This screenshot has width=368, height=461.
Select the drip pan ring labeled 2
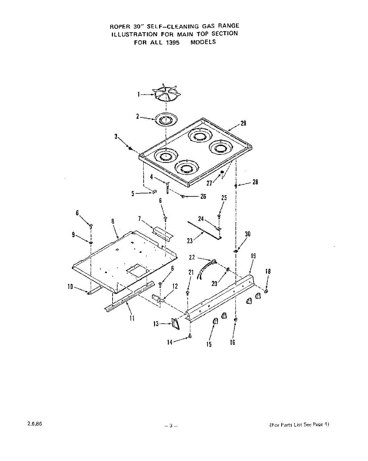point(166,119)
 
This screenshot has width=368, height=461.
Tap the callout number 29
point(243,124)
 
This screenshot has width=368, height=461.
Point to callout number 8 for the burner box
point(113,221)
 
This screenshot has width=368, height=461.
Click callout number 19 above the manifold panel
point(253,256)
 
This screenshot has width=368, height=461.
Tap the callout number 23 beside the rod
point(190,240)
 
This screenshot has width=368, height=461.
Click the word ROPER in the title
point(118,27)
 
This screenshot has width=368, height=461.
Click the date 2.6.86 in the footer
point(35,424)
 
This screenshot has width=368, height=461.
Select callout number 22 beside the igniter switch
point(192,257)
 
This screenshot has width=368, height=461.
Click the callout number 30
point(247,234)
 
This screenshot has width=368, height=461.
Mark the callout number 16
point(232,342)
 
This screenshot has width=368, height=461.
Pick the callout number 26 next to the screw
point(203,196)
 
